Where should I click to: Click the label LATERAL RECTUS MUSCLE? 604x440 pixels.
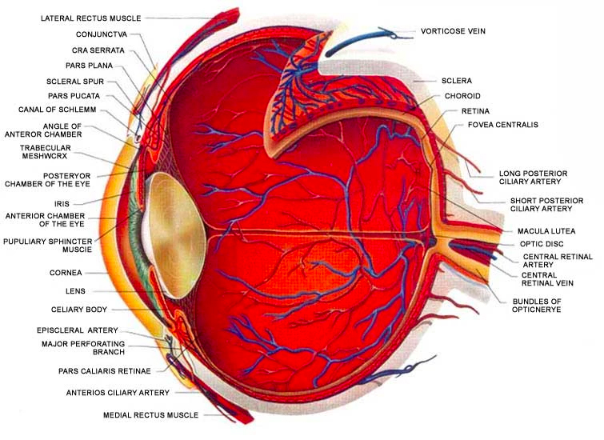tap(91, 18)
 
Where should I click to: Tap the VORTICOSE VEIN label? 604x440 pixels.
tap(453, 31)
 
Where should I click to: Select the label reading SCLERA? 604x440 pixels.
tap(457, 81)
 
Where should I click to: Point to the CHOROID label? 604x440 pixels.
tap(462, 96)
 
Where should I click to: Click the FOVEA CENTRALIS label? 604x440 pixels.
tap(503, 125)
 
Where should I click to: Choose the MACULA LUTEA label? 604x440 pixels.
tap(546, 231)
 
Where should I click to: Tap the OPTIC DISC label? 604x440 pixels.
tap(542, 244)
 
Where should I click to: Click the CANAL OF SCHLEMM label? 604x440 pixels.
tap(58, 110)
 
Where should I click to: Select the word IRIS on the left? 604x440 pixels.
tap(62, 204)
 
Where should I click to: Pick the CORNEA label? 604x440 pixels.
tap(66, 273)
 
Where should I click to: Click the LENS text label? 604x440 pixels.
tap(75, 291)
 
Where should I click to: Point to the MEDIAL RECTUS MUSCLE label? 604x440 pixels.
tap(151, 415)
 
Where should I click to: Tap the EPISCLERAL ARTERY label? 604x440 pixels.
tap(78, 330)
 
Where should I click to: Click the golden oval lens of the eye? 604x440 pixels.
tap(177, 235)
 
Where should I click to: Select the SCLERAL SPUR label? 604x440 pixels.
tap(75, 82)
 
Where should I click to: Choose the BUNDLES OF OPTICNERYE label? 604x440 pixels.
tap(537, 306)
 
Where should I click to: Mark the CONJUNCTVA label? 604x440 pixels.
tap(102, 34)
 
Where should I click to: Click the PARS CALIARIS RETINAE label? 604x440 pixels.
tap(105, 371)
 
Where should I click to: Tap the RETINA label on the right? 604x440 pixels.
tap(475, 111)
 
